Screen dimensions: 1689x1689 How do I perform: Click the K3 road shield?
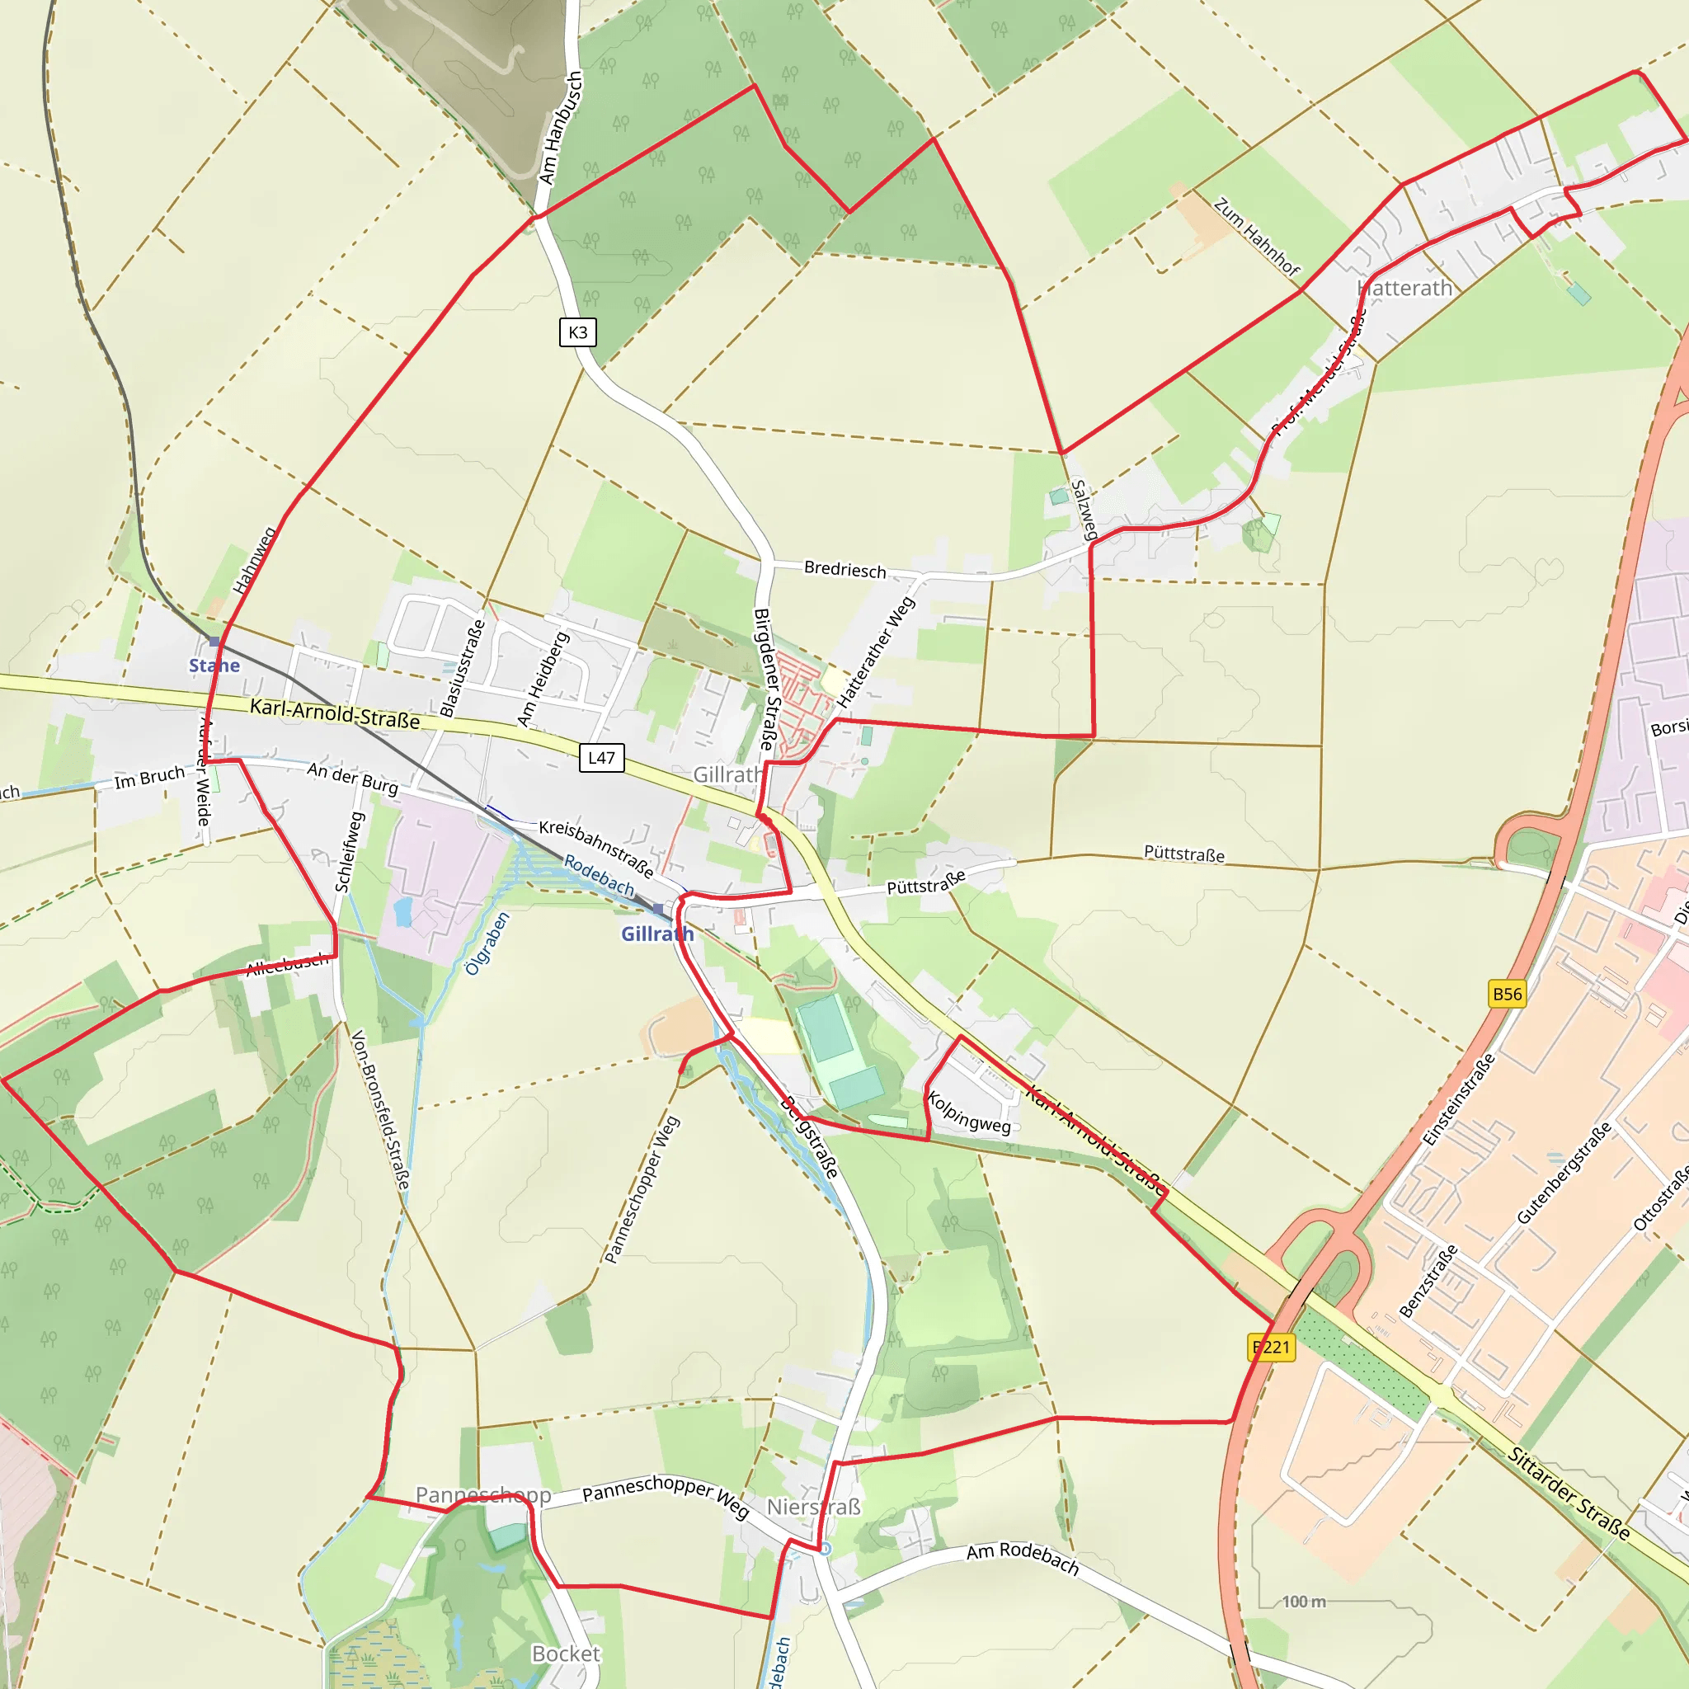(578, 332)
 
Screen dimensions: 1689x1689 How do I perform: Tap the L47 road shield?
(601, 758)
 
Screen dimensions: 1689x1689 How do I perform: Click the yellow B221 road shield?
(1271, 1348)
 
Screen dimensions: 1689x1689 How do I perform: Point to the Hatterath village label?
(1404, 289)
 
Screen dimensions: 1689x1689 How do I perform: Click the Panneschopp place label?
(483, 1495)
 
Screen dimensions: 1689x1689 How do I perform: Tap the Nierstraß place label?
(814, 1508)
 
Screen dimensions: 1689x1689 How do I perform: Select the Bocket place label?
(566, 1654)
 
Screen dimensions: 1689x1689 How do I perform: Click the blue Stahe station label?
(214, 666)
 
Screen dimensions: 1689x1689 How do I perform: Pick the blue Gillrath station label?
(657, 934)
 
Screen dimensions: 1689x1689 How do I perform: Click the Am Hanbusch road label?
(560, 129)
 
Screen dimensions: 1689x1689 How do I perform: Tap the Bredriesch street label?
(844, 570)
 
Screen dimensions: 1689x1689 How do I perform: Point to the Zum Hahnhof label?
(1256, 237)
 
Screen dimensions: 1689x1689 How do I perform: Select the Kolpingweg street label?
(969, 1113)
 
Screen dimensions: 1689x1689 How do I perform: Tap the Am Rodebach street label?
(1022, 1557)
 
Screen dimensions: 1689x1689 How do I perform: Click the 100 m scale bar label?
(1304, 1601)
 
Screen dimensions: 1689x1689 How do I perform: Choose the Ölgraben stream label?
(486, 944)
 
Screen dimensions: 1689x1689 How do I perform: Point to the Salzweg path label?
(1084, 509)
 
